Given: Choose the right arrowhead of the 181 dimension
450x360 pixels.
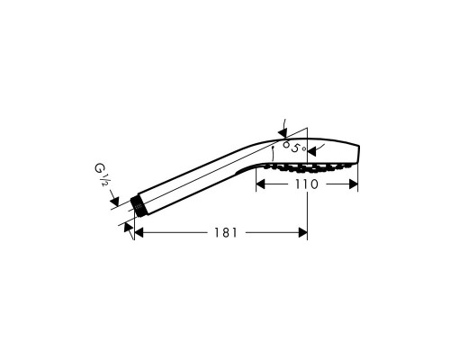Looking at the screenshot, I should click(x=302, y=232).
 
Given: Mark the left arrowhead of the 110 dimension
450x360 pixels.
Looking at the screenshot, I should click(x=263, y=184).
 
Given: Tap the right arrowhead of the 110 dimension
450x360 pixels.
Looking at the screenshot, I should click(x=353, y=184).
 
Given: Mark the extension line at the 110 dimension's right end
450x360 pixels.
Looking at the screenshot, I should click(x=358, y=175).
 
